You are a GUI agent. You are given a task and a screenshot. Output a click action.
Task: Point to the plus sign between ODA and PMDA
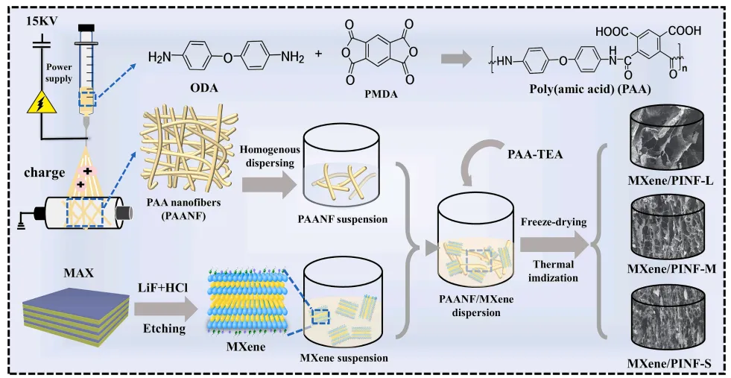tap(319, 53)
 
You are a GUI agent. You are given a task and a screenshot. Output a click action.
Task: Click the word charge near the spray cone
tap(45, 173)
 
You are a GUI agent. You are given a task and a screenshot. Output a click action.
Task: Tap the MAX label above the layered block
tap(75, 271)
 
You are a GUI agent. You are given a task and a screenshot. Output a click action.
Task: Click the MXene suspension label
tap(344, 359)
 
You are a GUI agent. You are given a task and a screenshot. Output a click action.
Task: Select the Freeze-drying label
tap(554, 221)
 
